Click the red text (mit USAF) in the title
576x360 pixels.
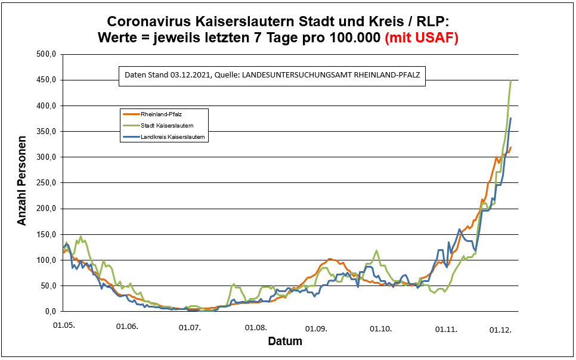pyautogui.click(x=422, y=38)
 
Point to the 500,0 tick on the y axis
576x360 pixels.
pyautogui.click(x=45, y=54)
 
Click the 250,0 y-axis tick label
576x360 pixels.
pyautogui.click(x=45, y=183)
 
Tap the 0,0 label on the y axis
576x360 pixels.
pyautogui.click(x=49, y=312)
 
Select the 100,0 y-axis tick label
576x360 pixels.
pyautogui.click(x=45, y=260)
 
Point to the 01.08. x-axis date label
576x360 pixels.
pyautogui.click(x=255, y=327)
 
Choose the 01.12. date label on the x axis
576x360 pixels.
pyautogui.click(x=500, y=329)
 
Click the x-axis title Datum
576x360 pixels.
pyautogui.click(x=285, y=342)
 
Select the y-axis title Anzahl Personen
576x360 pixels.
pyautogui.click(x=22, y=183)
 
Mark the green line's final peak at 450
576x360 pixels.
pyautogui.click(x=511, y=80)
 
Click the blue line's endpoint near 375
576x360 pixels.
pyautogui.click(x=511, y=119)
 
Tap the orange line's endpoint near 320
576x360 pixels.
pyautogui.click(x=511, y=147)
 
